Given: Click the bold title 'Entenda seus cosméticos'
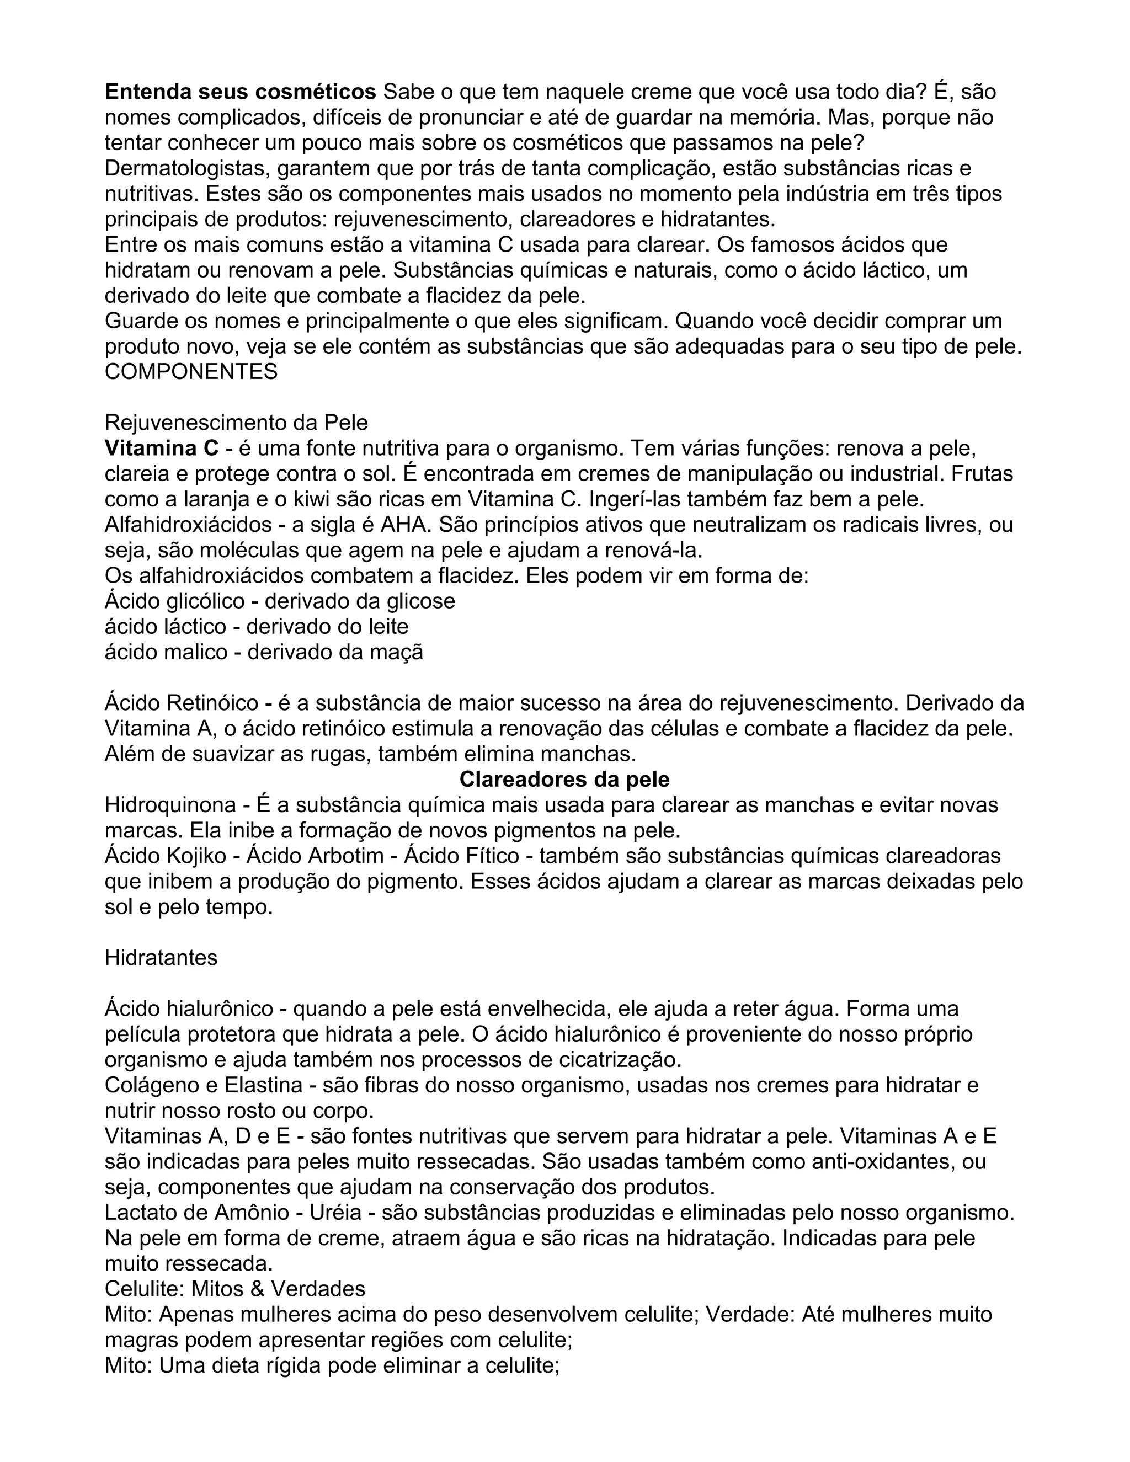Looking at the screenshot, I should click(241, 92).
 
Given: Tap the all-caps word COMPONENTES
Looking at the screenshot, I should click(191, 371).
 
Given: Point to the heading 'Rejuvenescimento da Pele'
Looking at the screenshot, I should click(236, 423).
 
